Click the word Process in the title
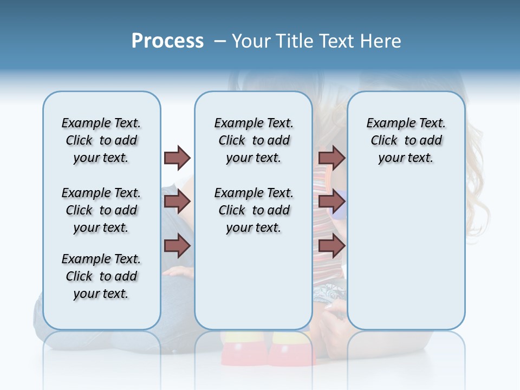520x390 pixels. click(167, 41)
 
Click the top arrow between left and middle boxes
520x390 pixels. click(177, 158)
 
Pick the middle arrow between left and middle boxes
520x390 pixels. click(177, 202)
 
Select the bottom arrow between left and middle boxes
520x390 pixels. click(177, 246)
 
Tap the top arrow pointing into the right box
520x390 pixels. click(331, 158)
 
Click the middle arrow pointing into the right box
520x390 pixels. click(331, 202)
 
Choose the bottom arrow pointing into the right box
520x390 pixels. click(331, 246)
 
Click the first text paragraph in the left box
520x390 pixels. click(101, 140)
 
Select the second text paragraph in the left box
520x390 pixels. click(101, 210)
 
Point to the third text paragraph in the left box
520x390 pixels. click(101, 276)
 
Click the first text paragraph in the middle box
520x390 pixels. click(253, 140)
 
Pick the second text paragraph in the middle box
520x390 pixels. click(253, 210)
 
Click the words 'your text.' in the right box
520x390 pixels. click(406, 158)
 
